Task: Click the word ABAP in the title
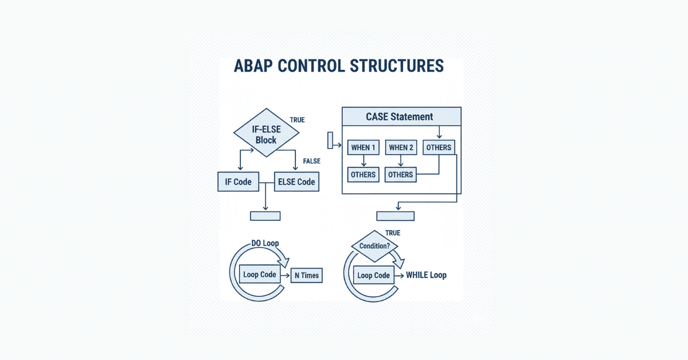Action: [253, 66]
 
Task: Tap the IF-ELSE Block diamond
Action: [266, 133]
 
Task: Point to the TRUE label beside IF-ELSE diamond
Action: [297, 120]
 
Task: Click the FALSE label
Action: [312, 162]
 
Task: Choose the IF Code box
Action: [239, 182]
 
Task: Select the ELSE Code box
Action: [296, 182]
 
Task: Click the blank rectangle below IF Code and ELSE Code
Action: [265, 216]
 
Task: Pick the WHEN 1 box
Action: [363, 148]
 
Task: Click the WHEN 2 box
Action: [401, 148]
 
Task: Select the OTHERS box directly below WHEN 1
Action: [363, 174]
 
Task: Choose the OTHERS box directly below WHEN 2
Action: [401, 174]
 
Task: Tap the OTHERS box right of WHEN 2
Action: [439, 147]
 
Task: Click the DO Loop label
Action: [265, 244]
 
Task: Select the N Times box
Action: [307, 275]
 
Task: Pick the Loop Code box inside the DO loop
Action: [260, 275]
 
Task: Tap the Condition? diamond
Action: [375, 246]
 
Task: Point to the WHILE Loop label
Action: [426, 275]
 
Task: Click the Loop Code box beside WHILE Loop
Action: [373, 275]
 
